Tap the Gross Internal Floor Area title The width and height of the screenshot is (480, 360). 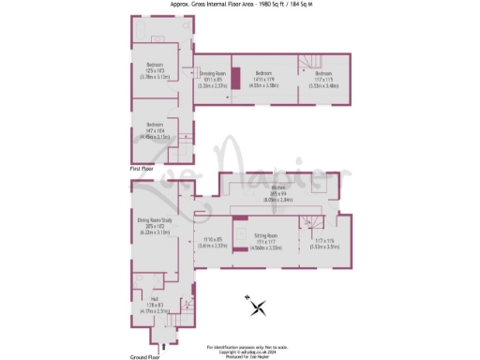[240, 6]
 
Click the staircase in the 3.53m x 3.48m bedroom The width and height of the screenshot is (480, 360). [307, 63]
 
